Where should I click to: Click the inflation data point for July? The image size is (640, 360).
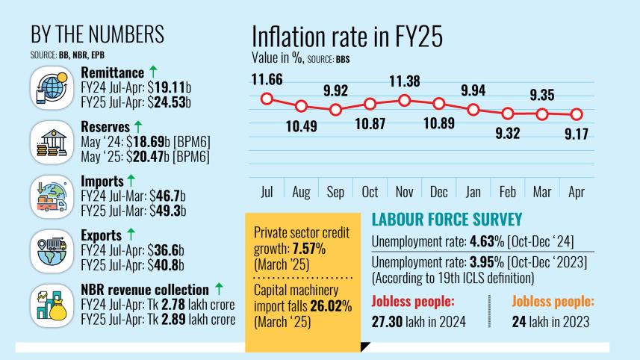(x=267, y=99)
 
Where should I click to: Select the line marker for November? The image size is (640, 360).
(x=405, y=99)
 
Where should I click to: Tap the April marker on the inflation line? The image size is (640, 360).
(x=577, y=114)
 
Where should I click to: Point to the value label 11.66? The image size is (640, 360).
(x=267, y=79)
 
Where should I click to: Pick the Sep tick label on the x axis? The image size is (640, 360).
(x=335, y=191)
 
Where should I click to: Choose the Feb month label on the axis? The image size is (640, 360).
(x=508, y=191)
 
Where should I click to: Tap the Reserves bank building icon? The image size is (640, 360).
(x=52, y=139)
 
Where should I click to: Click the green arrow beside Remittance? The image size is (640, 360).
(x=153, y=72)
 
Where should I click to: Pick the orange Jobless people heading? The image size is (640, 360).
(x=553, y=302)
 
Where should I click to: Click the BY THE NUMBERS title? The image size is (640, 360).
(x=97, y=36)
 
